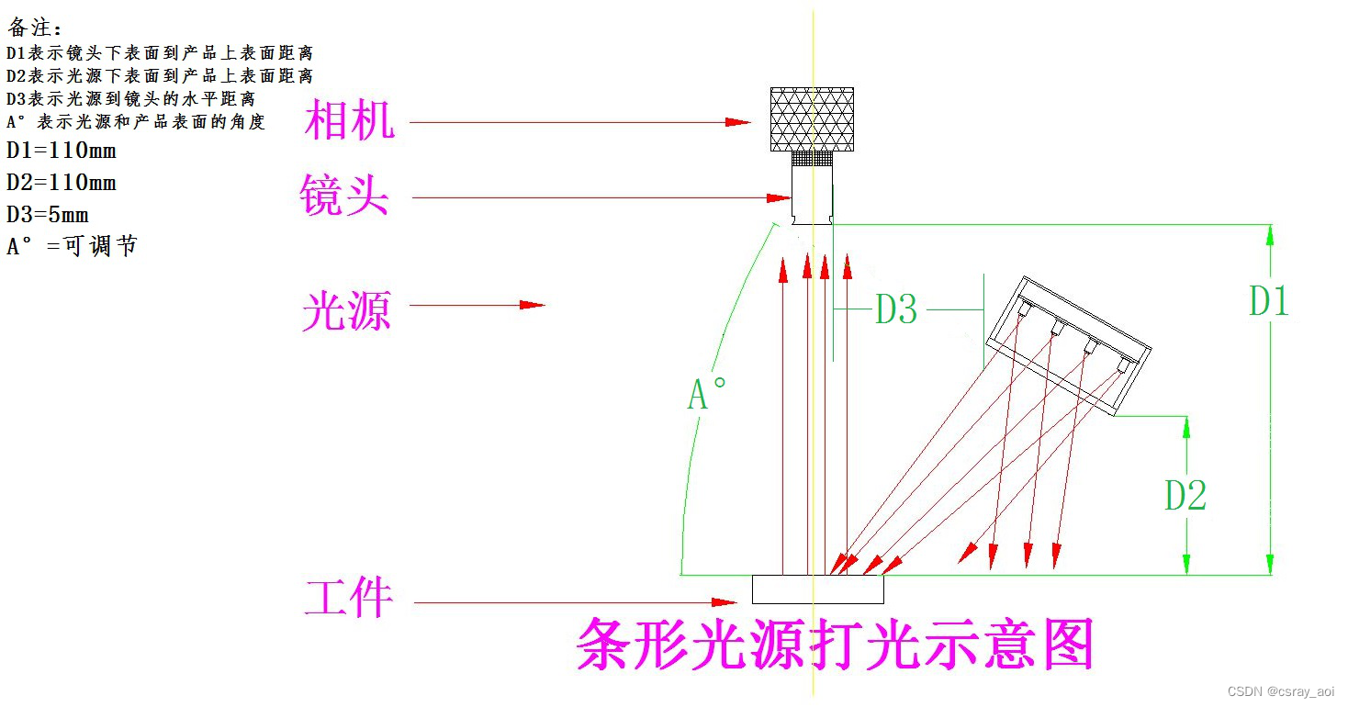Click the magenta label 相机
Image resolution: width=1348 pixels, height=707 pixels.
[x=349, y=121]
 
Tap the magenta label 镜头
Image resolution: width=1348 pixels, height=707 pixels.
[x=344, y=196]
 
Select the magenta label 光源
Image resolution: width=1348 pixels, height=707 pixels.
[x=347, y=310]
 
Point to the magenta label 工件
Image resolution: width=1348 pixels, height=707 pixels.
[x=349, y=599]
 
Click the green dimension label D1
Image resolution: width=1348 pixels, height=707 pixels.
[x=1268, y=301]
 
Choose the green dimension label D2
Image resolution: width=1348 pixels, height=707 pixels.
[x=1185, y=495]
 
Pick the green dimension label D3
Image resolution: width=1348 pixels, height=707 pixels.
[x=895, y=310]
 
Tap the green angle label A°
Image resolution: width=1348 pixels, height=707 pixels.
[x=707, y=395]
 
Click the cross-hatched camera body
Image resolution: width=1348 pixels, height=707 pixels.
[x=812, y=119]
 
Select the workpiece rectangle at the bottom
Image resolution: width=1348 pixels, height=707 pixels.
[x=817, y=589]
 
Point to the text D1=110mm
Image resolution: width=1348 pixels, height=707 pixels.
[x=62, y=151]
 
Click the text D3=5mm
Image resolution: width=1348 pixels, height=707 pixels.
[x=48, y=215]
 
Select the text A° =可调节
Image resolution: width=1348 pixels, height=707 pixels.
[x=72, y=246]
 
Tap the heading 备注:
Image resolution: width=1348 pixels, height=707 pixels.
[x=36, y=28]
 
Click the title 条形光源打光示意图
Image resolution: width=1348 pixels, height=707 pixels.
[x=835, y=645]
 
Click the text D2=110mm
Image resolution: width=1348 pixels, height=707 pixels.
[x=62, y=183]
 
